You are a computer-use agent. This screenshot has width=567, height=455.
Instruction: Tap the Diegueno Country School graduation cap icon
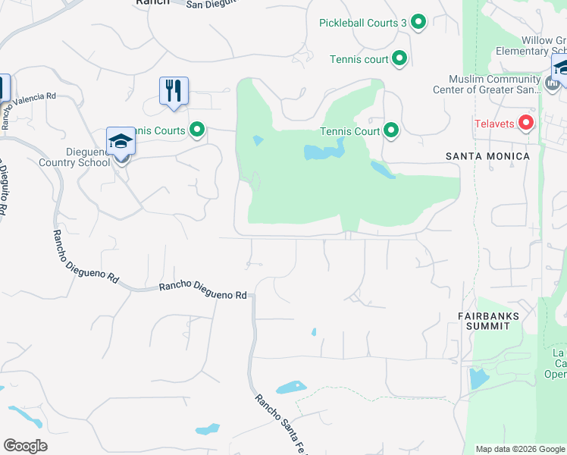[x=121, y=142]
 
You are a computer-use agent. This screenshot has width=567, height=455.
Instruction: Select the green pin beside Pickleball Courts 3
[x=419, y=23]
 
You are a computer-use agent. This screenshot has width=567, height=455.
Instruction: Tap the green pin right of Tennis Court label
[x=391, y=131]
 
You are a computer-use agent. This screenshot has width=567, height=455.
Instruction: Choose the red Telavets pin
[x=526, y=123]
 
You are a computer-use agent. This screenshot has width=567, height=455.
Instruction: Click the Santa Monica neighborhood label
[x=487, y=156]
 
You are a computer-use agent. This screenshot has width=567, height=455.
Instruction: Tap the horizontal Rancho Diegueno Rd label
[x=202, y=290]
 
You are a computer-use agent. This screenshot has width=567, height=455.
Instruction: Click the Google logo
[x=25, y=446]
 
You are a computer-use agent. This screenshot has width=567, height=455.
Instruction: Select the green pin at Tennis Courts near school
[x=197, y=130]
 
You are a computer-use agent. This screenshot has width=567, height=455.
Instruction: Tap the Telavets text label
[x=494, y=124]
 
